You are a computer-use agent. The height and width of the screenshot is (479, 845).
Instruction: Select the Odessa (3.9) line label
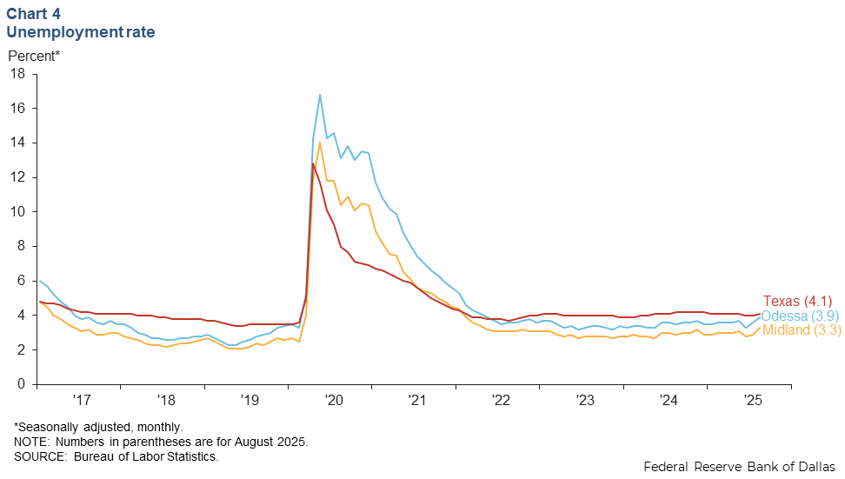point(801,316)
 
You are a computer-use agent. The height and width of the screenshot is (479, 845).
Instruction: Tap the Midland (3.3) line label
point(801,330)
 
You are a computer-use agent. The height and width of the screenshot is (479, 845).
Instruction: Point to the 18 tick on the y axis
point(17,74)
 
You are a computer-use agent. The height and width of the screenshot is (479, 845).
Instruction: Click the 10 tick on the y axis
point(17,212)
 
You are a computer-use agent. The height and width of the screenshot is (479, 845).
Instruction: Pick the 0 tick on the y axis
point(21,384)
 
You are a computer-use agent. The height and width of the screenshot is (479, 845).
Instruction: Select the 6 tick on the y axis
point(21,281)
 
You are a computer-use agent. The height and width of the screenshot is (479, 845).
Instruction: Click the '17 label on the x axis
point(82,401)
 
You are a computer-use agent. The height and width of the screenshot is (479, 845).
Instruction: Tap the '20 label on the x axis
point(334,401)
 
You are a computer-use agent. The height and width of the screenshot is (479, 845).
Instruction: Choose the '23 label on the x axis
point(585,401)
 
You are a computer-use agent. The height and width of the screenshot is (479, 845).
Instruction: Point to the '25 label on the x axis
point(753,401)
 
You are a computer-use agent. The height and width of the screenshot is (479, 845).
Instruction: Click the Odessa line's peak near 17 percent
point(320,95)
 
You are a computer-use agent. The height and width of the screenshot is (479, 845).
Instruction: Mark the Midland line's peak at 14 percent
point(320,143)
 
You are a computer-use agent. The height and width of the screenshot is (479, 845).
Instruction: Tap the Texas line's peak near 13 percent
point(312,163)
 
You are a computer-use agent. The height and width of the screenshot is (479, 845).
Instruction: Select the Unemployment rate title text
point(81,32)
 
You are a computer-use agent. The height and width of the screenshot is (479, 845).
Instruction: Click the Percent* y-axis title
point(35,57)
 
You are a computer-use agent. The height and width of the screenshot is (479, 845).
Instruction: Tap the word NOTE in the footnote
point(30,442)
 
